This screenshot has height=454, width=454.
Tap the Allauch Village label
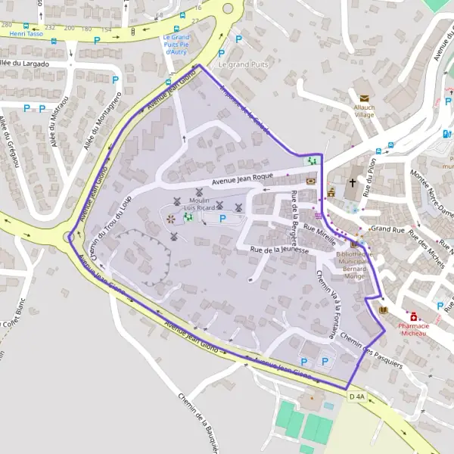tap(365, 113)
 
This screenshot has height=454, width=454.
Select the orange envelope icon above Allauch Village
tap(364, 98)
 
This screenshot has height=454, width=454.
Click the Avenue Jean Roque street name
tap(241, 179)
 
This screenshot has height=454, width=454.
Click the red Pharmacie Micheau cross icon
tap(413, 315)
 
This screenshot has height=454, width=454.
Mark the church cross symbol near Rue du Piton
tap(352, 183)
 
